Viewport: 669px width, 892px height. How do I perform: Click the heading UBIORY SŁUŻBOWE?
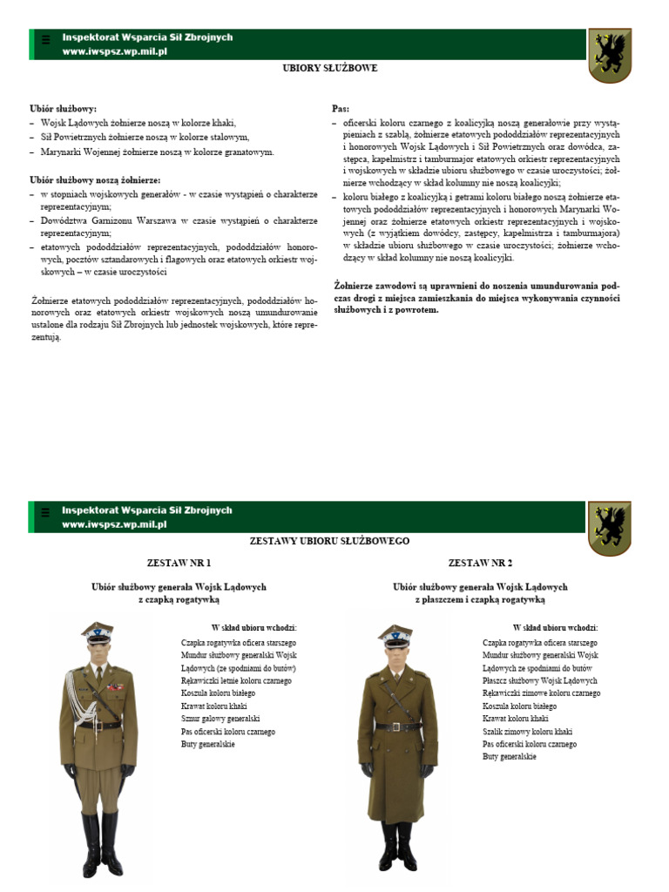[x=329, y=68]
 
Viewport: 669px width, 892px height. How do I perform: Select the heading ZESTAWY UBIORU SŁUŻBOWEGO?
[x=329, y=541]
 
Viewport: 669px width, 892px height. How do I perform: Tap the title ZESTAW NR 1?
[x=179, y=563]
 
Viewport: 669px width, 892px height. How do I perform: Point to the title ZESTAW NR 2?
[x=480, y=563]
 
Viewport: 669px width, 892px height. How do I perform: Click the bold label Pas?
[x=341, y=109]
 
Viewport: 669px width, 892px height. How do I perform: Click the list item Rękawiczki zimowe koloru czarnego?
[x=541, y=693]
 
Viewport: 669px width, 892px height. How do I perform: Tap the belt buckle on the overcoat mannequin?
[x=395, y=726]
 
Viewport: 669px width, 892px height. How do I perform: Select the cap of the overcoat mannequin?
[x=395, y=633]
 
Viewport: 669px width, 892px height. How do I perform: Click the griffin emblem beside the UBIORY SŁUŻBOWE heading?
[x=609, y=55]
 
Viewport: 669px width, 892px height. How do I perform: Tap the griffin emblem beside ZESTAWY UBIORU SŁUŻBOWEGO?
[x=609, y=528]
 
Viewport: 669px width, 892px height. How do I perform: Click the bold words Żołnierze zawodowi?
[x=369, y=285]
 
